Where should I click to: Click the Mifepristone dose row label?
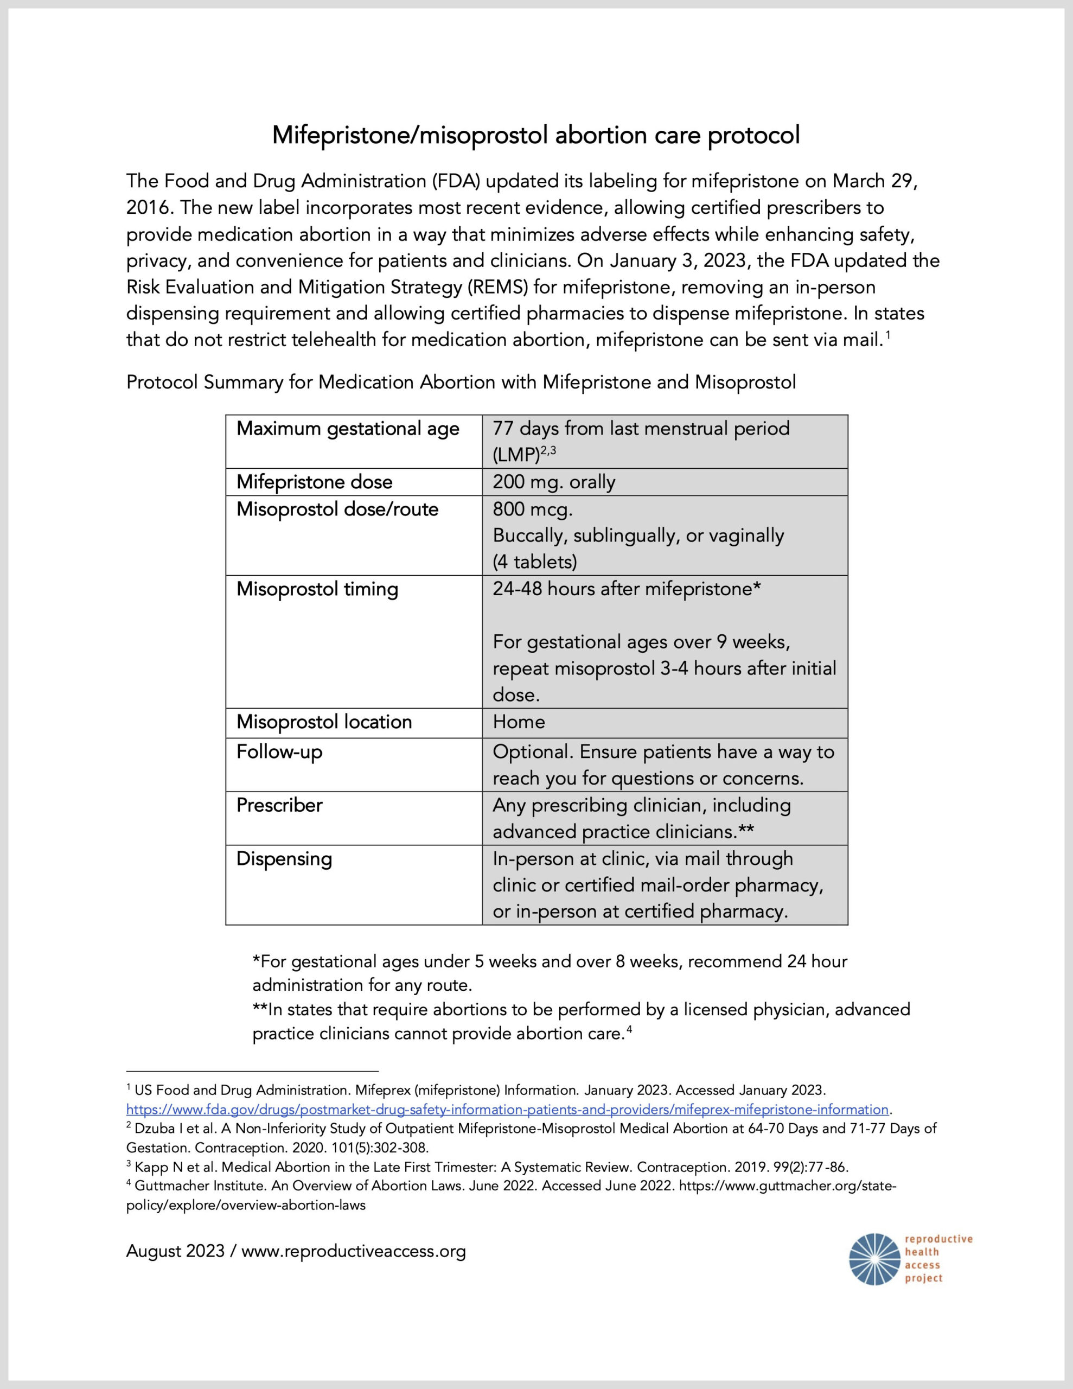point(314,482)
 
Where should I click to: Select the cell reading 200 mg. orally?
point(553,482)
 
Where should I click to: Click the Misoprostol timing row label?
point(317,589)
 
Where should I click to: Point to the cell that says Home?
point(519,722)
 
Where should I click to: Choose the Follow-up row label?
point(279,751)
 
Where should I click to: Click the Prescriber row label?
point(279,805)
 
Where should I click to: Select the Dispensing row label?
point(284,858)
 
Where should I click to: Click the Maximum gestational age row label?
point(347,429)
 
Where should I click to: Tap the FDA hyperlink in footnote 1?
point(507,1110)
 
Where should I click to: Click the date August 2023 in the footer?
point(175,1252)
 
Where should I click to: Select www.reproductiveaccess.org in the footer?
point(354,1252)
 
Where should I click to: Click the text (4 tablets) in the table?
point(534,562)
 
